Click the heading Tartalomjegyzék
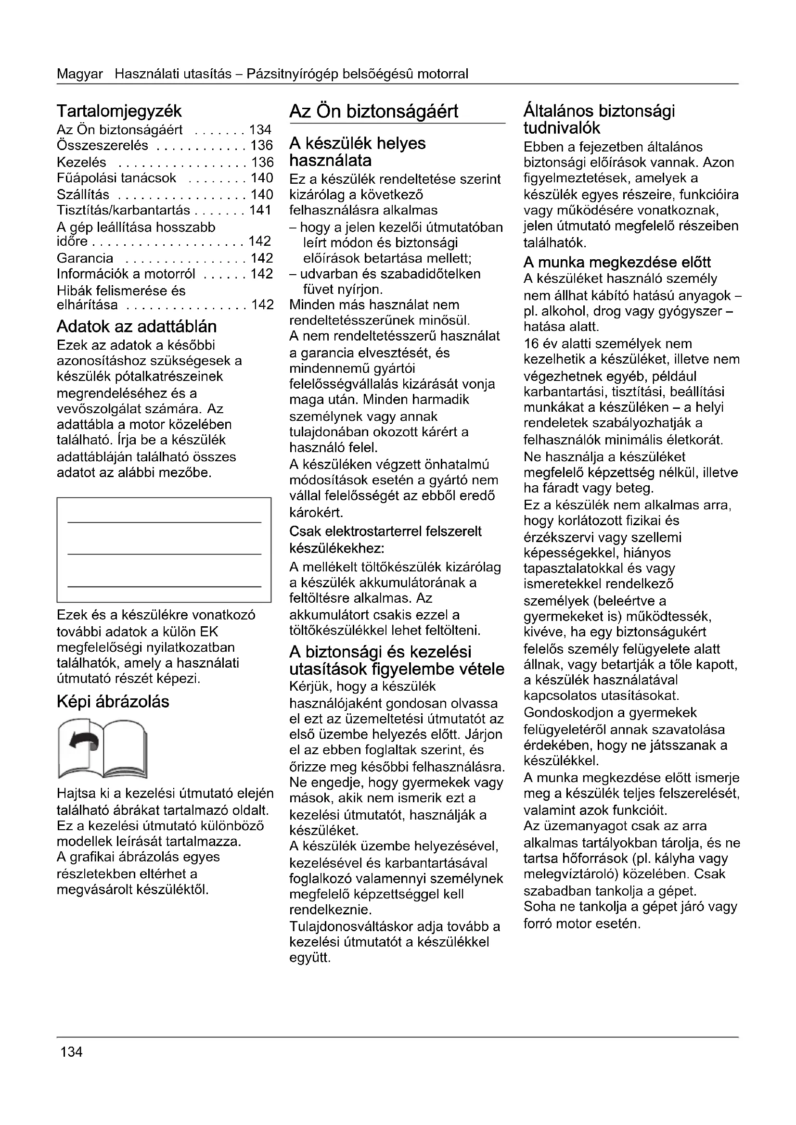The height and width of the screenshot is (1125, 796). pyautogui.click(x=119, y=111)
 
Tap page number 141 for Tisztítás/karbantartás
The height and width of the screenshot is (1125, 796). pyautogui.click(x=260, y=210)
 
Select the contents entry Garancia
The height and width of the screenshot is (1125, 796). pyautogui.click(x=85, y=258)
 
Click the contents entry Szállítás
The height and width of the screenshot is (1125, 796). pyautogui.click(x=83, y=194)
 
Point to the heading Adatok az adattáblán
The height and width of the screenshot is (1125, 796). pyautogui.click(x=136, y=326)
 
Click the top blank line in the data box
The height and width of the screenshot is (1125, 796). pyautogui.click(x=164, y=522)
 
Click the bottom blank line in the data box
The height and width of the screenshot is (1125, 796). pyautogui.click(x=164, y=586)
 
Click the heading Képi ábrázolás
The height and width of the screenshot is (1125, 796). pyautogui.click(x=113, y=702)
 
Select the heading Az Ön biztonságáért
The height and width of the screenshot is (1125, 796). pyautogui.click(x=373, y=111)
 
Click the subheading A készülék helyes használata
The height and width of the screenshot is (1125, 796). pyautogui.click(x=357, y=152)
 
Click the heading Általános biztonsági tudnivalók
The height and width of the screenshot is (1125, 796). pyautogui.click(x=599, y=119)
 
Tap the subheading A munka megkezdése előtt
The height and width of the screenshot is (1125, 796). pyautogui.click(x=617, y=262)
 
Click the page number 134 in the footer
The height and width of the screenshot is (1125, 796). pyautogui.click(x=72, y=1051)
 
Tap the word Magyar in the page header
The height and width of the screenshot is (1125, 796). pyautogui.click(x=80, y=74)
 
